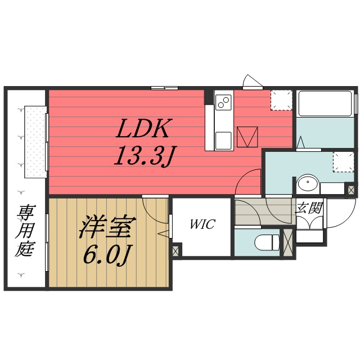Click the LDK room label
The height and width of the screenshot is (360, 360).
tap(142, 130)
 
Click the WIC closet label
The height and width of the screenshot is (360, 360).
tap(201, 224)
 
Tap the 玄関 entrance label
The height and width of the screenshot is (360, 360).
tap(309, 208)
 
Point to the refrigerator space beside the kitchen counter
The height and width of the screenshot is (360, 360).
tap(247, 136)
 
